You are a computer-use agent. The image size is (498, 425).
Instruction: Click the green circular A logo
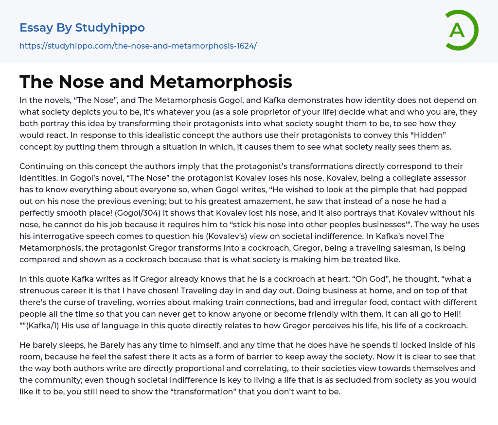(461, 30)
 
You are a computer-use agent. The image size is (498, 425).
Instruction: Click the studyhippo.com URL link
(138, 46)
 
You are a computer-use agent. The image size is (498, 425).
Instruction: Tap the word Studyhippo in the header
(110, 28)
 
